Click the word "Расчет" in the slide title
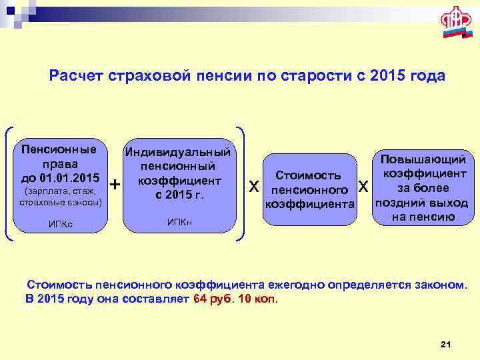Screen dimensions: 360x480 click(x=75, y=76)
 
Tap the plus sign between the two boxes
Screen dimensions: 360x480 click(x=115, y=183)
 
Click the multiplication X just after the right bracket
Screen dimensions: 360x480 click(x=253, y=185)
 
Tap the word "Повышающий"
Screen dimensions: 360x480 click(x=423, y=159)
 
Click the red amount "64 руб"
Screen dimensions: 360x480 click(x=212, y=298)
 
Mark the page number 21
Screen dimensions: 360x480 click(x=446, y=343)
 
